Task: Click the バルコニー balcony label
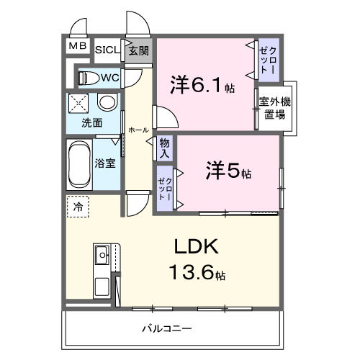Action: pos(166,328)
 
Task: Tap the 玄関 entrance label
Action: pos(139,50)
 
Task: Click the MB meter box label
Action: pos(78,47)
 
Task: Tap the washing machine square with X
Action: pos(78,102)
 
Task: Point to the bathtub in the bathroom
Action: pos(78,163)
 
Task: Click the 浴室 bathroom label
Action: pos(106,163)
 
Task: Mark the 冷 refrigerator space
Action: pos(77,207)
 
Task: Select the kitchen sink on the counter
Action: pos(102,253)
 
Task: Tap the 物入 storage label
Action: pos(165,148)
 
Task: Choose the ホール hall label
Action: pos(138,130)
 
